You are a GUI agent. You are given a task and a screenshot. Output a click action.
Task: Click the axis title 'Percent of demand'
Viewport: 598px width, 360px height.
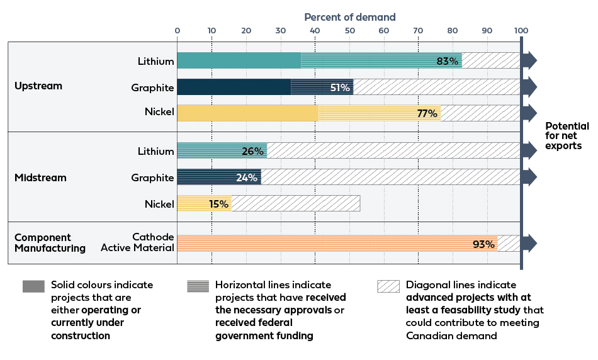click(350, 17)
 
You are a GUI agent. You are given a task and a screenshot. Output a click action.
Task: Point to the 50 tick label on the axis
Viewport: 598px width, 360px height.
click(349, 30)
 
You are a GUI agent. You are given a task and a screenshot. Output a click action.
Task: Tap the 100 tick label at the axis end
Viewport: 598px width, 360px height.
click(521, 30)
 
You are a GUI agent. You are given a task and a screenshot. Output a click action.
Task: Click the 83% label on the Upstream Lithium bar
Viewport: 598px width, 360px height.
click(447, 61)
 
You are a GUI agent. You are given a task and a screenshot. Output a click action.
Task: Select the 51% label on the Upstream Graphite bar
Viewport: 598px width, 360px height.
click(340, 87)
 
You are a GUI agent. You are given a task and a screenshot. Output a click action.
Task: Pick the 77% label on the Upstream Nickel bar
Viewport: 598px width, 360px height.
click(427, 114)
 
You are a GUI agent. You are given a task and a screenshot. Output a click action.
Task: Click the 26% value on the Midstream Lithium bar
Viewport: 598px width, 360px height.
click(252, 152)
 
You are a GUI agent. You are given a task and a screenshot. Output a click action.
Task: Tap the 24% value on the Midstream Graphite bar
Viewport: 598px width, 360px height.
click(247, 177)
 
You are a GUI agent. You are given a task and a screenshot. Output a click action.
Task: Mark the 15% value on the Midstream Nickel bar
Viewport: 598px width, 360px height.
click(218, 204)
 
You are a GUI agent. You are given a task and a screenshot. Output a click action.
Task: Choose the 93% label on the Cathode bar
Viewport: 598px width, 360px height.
click(483, 244)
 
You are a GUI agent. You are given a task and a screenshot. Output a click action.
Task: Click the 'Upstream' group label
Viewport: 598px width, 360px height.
click(38, 86)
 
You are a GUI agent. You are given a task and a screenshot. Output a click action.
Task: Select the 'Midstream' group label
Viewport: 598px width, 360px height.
click(40, 178)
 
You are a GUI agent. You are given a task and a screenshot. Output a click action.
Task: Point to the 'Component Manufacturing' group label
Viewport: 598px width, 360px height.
click(50, 243)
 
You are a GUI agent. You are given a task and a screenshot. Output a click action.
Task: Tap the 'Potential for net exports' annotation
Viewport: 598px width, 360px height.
click(567, 136)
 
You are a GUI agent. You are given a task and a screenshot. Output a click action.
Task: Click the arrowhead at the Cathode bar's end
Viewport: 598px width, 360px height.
click(531, 244)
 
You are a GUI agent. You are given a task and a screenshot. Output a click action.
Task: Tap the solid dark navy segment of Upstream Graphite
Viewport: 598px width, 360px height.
click(234, 87)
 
